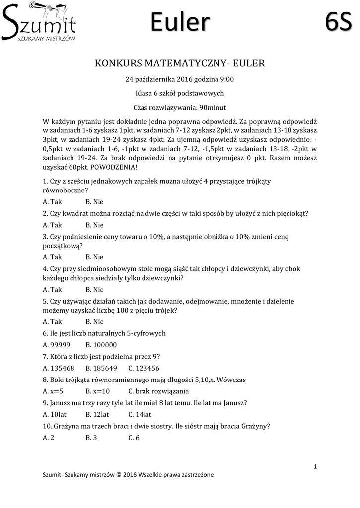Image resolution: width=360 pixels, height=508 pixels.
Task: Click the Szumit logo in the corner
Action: [x=40, y=22]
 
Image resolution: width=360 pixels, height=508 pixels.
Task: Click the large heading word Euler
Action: [x=181, y=23]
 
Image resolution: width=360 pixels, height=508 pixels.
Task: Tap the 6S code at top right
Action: [x=339, y=23]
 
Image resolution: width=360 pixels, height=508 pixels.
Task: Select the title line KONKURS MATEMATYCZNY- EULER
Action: [x=180, y=63]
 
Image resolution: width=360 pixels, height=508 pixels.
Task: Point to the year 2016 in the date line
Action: [x=181, y=79]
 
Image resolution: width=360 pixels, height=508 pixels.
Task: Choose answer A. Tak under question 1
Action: [x=53, y=202]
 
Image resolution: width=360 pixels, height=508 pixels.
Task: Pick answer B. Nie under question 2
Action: [x=94, y=225]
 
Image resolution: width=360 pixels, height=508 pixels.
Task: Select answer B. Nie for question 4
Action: [x=94, y=289]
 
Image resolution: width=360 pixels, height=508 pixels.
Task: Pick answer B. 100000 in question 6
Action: [x=101, y=345]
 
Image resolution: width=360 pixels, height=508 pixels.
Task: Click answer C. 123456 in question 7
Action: [x=144, y=368]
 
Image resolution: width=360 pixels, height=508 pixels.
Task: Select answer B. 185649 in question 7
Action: [x=101, y=368]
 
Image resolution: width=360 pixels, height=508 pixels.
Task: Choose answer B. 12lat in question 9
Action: [x=97, y=414]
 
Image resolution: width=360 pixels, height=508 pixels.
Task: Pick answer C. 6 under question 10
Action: [x=134, y=437]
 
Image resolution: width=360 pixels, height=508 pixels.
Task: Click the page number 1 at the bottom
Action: [x=315, y=466]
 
